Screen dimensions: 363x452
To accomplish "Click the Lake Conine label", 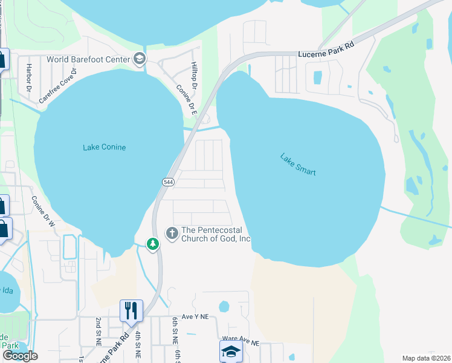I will tap(104, 147).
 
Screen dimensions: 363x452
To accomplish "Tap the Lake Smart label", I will tap(298, 164).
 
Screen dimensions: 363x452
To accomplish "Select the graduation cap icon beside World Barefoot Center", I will tap(140, 59).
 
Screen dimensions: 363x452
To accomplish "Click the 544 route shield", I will tap(169, 181).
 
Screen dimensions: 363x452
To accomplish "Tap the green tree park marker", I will tap(153, 244).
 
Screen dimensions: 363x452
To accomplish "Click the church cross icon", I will tap(172, 233).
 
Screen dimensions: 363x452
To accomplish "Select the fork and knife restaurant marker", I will tap(131, 311).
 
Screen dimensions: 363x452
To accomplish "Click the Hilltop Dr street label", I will tap(194, 76).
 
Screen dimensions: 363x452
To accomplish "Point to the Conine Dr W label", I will tap(43, 212).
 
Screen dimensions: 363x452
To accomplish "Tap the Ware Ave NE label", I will tap(241, 342).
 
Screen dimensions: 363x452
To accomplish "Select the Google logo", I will tap(19, 356).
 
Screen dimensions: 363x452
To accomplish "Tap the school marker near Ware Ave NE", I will tap(230, 352).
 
